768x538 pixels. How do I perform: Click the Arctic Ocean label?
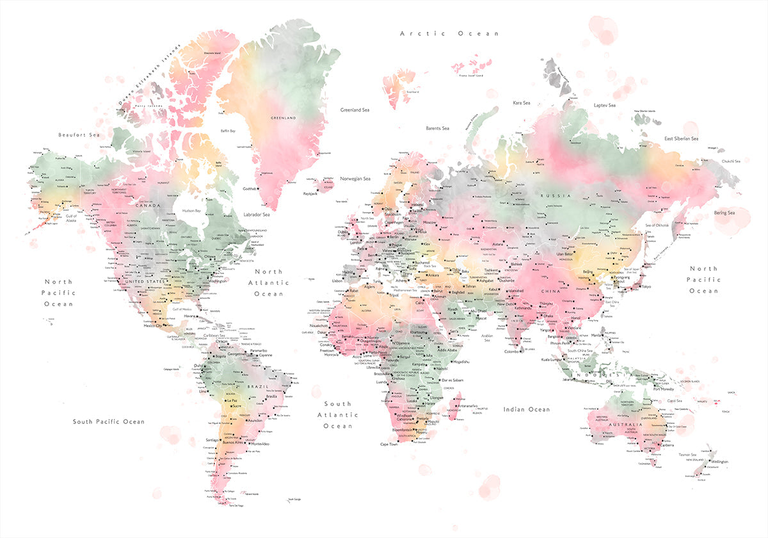(x=449, y=33)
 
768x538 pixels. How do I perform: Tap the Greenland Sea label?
(x=355, y=110)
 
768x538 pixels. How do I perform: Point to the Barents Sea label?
(x=438, y=128)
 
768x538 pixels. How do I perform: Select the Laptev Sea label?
(x=604, y=105)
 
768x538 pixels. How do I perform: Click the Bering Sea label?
(x=725, y=213)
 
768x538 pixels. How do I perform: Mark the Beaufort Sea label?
(x=79, y=135)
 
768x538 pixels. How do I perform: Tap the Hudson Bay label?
(x=191, y=211)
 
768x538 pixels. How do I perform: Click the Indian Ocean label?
(x=526, y=409)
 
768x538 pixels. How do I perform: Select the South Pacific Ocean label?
(x=108, y=421)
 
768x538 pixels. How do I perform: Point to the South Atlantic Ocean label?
(x=337, y=415)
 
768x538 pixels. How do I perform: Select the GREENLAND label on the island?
(x=283, y=118)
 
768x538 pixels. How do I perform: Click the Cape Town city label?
(x=389, y=444)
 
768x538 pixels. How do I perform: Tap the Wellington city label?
(x=719, y=462)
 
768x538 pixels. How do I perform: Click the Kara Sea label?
(x=522, y=102)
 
